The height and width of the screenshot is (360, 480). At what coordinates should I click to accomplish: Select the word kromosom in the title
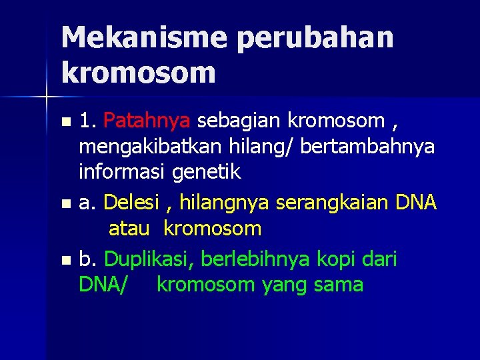(x=139, y=72)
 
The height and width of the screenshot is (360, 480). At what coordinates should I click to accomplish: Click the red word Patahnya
(x=148, y=121)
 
